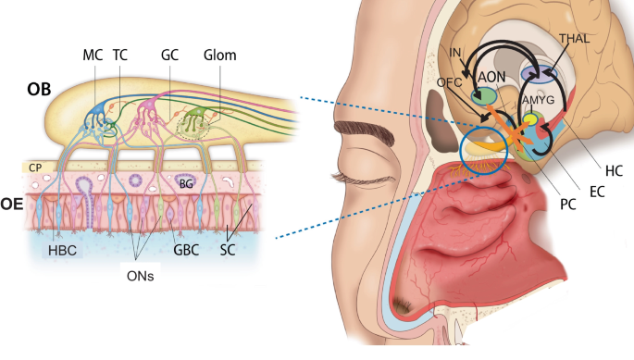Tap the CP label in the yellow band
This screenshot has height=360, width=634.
(x=36, y=168)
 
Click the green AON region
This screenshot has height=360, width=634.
(x=483, y=95)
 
